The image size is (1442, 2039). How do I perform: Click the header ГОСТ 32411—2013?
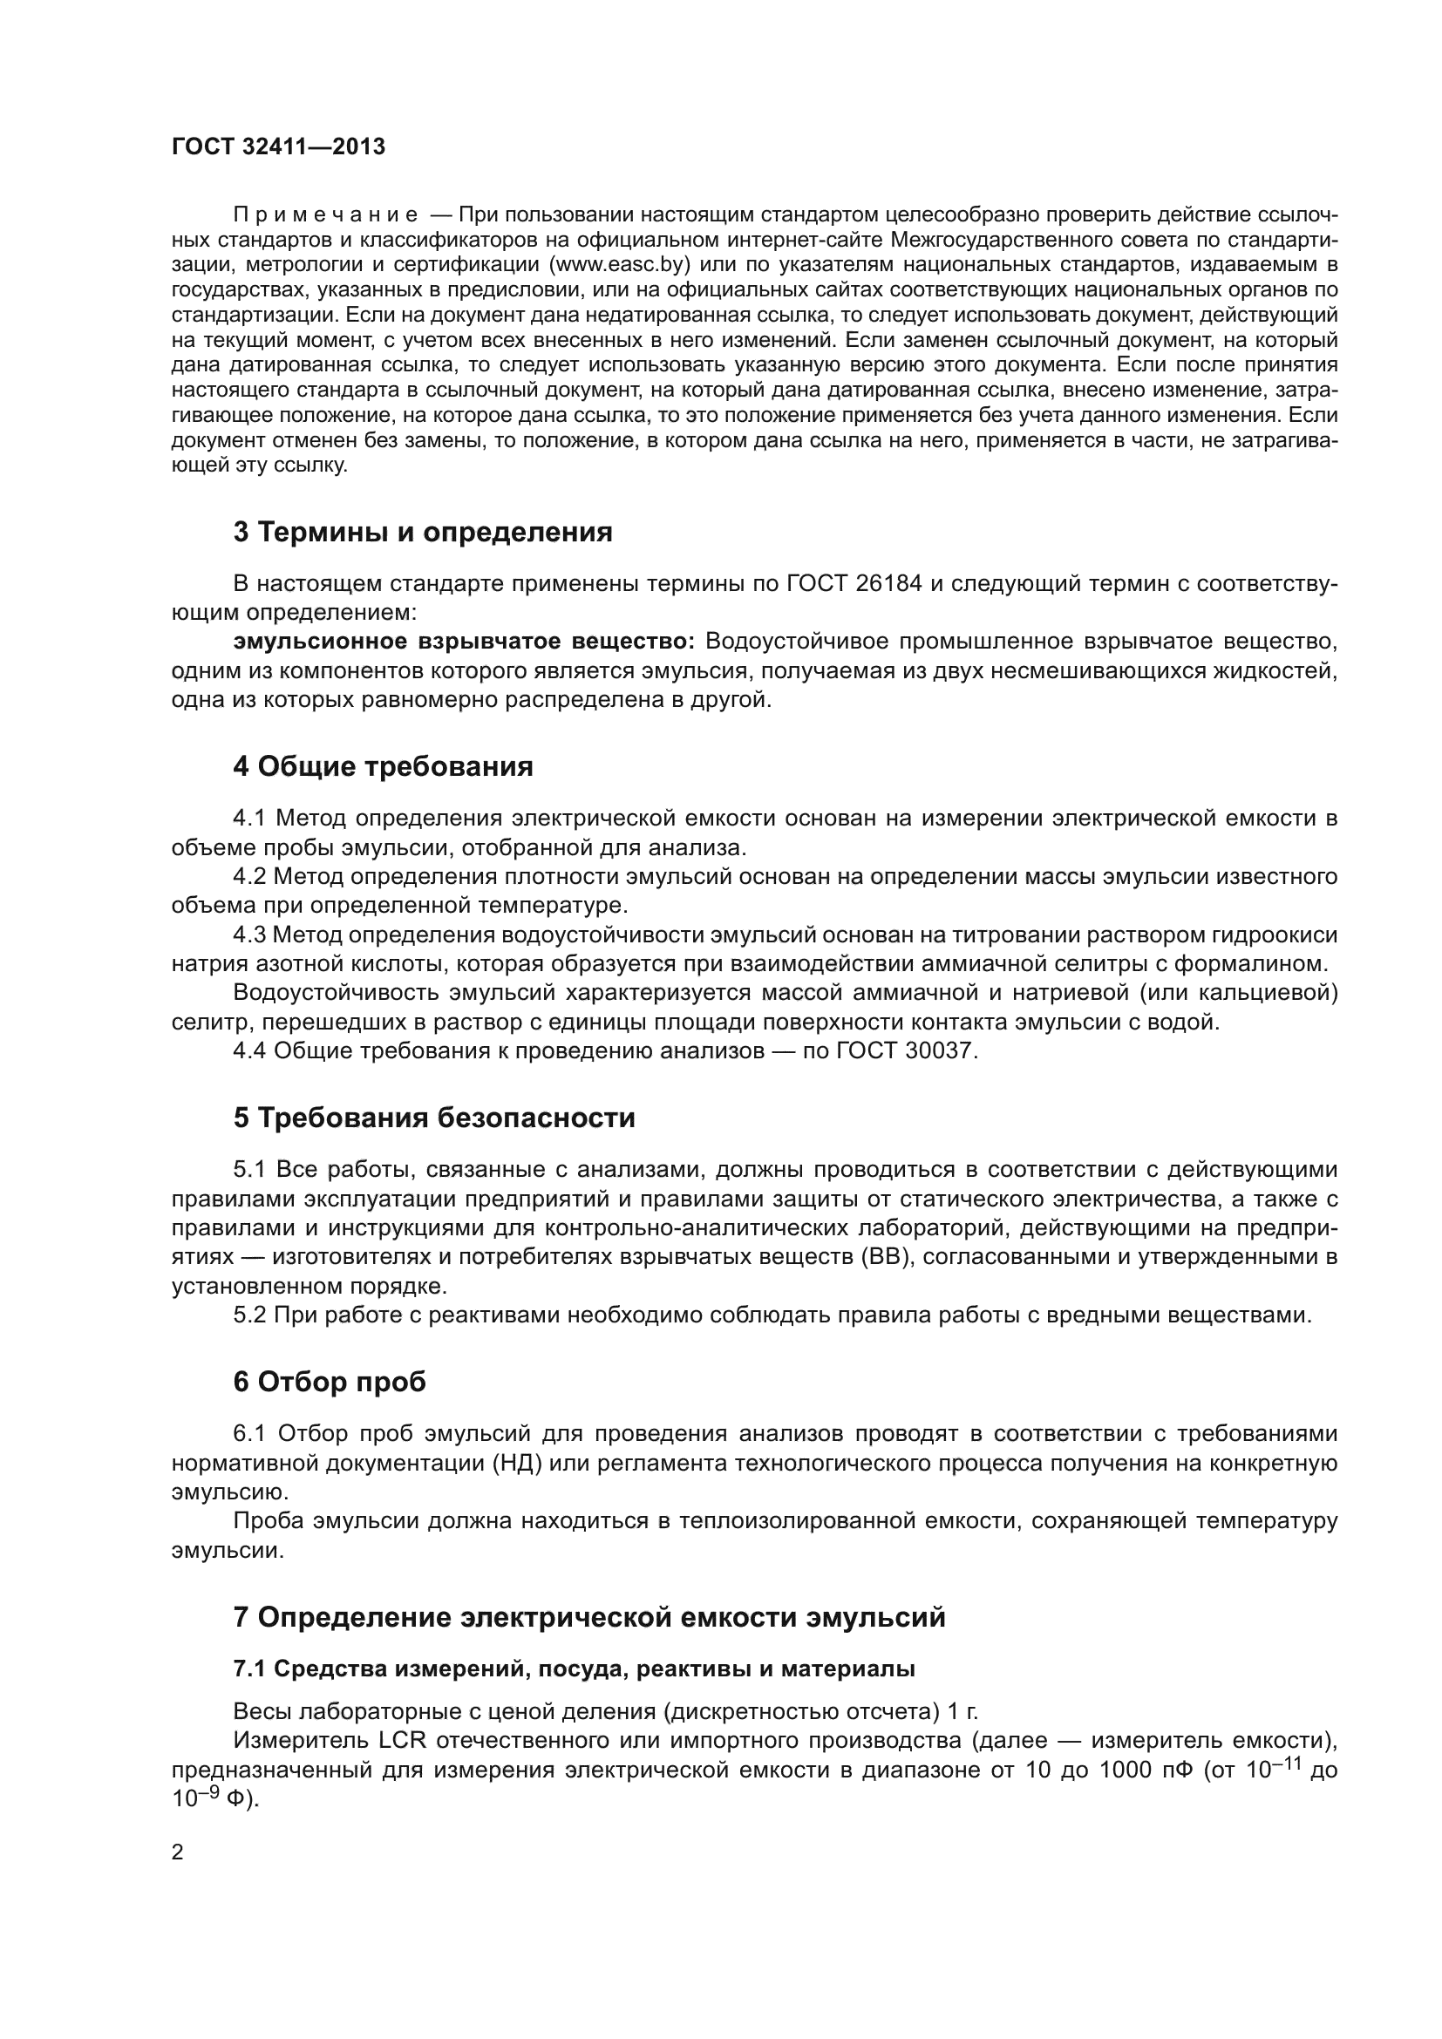point(278,146)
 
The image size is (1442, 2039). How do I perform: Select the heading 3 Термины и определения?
point(423,532)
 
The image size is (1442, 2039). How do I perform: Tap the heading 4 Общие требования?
point(383,766)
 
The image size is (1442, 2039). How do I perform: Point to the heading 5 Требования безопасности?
point(434,1118)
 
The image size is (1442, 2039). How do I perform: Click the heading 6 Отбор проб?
point(330,1382)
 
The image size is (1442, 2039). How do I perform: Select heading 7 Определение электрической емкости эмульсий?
point(588,1617)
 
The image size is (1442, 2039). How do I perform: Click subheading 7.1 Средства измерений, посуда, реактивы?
point(574,1669)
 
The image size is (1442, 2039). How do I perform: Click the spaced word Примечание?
point(325,215)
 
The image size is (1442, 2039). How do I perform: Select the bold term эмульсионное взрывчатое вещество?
point(465,642)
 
